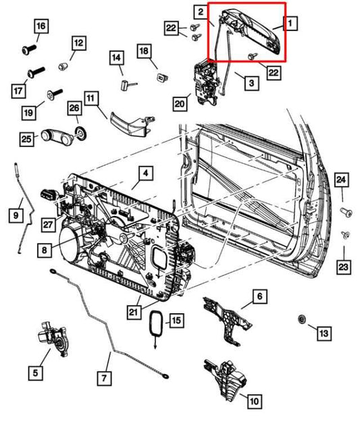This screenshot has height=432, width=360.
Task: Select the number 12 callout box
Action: pos(79,43)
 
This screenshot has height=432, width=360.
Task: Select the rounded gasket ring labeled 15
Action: pos(156,325)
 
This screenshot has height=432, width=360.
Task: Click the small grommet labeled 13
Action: pos(302,317)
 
